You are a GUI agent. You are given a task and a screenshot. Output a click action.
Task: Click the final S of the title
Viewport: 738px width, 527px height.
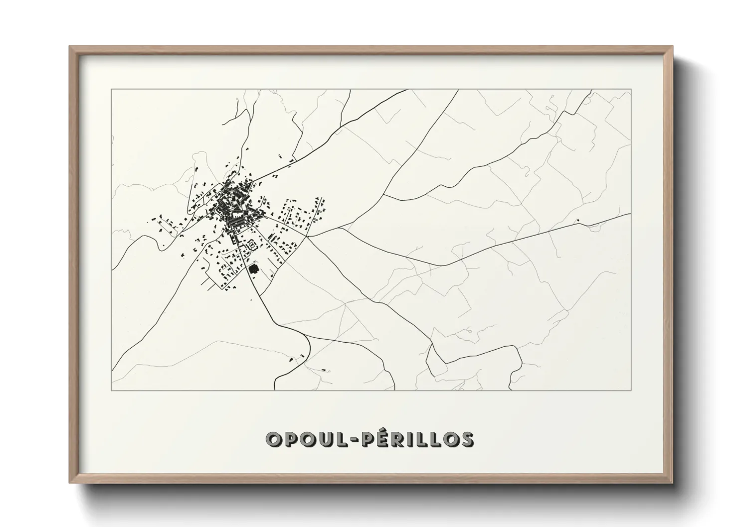[x=467, y=439]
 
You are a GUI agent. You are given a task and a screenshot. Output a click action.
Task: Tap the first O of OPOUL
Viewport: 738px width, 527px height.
[x=274, y=439]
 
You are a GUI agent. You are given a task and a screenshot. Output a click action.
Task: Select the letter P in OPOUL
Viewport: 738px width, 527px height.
[x=293, y=439]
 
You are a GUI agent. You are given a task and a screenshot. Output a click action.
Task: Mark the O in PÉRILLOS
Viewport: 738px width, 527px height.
[x=449, y=439]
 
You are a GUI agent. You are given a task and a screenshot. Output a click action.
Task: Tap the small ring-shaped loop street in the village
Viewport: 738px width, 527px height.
[x=252, y=244]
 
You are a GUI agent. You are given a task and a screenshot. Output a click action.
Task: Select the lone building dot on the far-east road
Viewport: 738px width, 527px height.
[x=578, y=220]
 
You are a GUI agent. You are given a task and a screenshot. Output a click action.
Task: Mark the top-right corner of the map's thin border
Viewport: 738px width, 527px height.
[x=631, y=89]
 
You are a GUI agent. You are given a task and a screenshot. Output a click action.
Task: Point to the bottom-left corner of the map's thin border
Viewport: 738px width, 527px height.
[x=111, y=390]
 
